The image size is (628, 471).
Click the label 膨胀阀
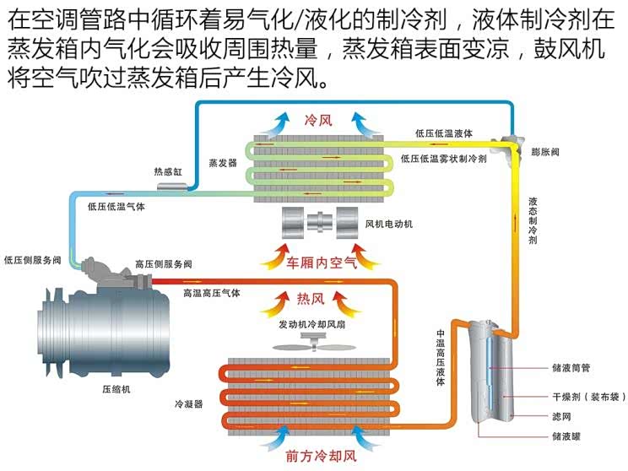[x=545, y=152]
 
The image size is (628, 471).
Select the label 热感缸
[x=168, y=172]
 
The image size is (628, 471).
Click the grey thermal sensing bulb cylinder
[x=172, y=187]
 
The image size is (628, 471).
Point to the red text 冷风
[x=318, y=120]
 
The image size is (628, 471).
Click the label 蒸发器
[x=223, y=163]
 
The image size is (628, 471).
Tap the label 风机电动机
[x=389, y=224]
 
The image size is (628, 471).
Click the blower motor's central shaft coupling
[x=320, y=222]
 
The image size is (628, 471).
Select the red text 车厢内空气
[x=322, y=263]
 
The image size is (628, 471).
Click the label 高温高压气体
[x=212, y=293]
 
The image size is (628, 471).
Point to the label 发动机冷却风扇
[x=312, y=324]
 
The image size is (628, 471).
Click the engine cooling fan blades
[x=314, y=345]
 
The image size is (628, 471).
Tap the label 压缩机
[x=116, y=389]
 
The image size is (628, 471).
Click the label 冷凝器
[x=188, y=403]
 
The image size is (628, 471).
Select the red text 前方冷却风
[x=322, y=456]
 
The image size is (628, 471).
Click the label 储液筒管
[x=571, y=368]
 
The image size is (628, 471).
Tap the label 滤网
[x=561, y=416]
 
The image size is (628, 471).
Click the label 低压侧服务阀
[x=32, y=260]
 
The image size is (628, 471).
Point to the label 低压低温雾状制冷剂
[x=444, y=159]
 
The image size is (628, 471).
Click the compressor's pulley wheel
[x=50, y=333]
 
